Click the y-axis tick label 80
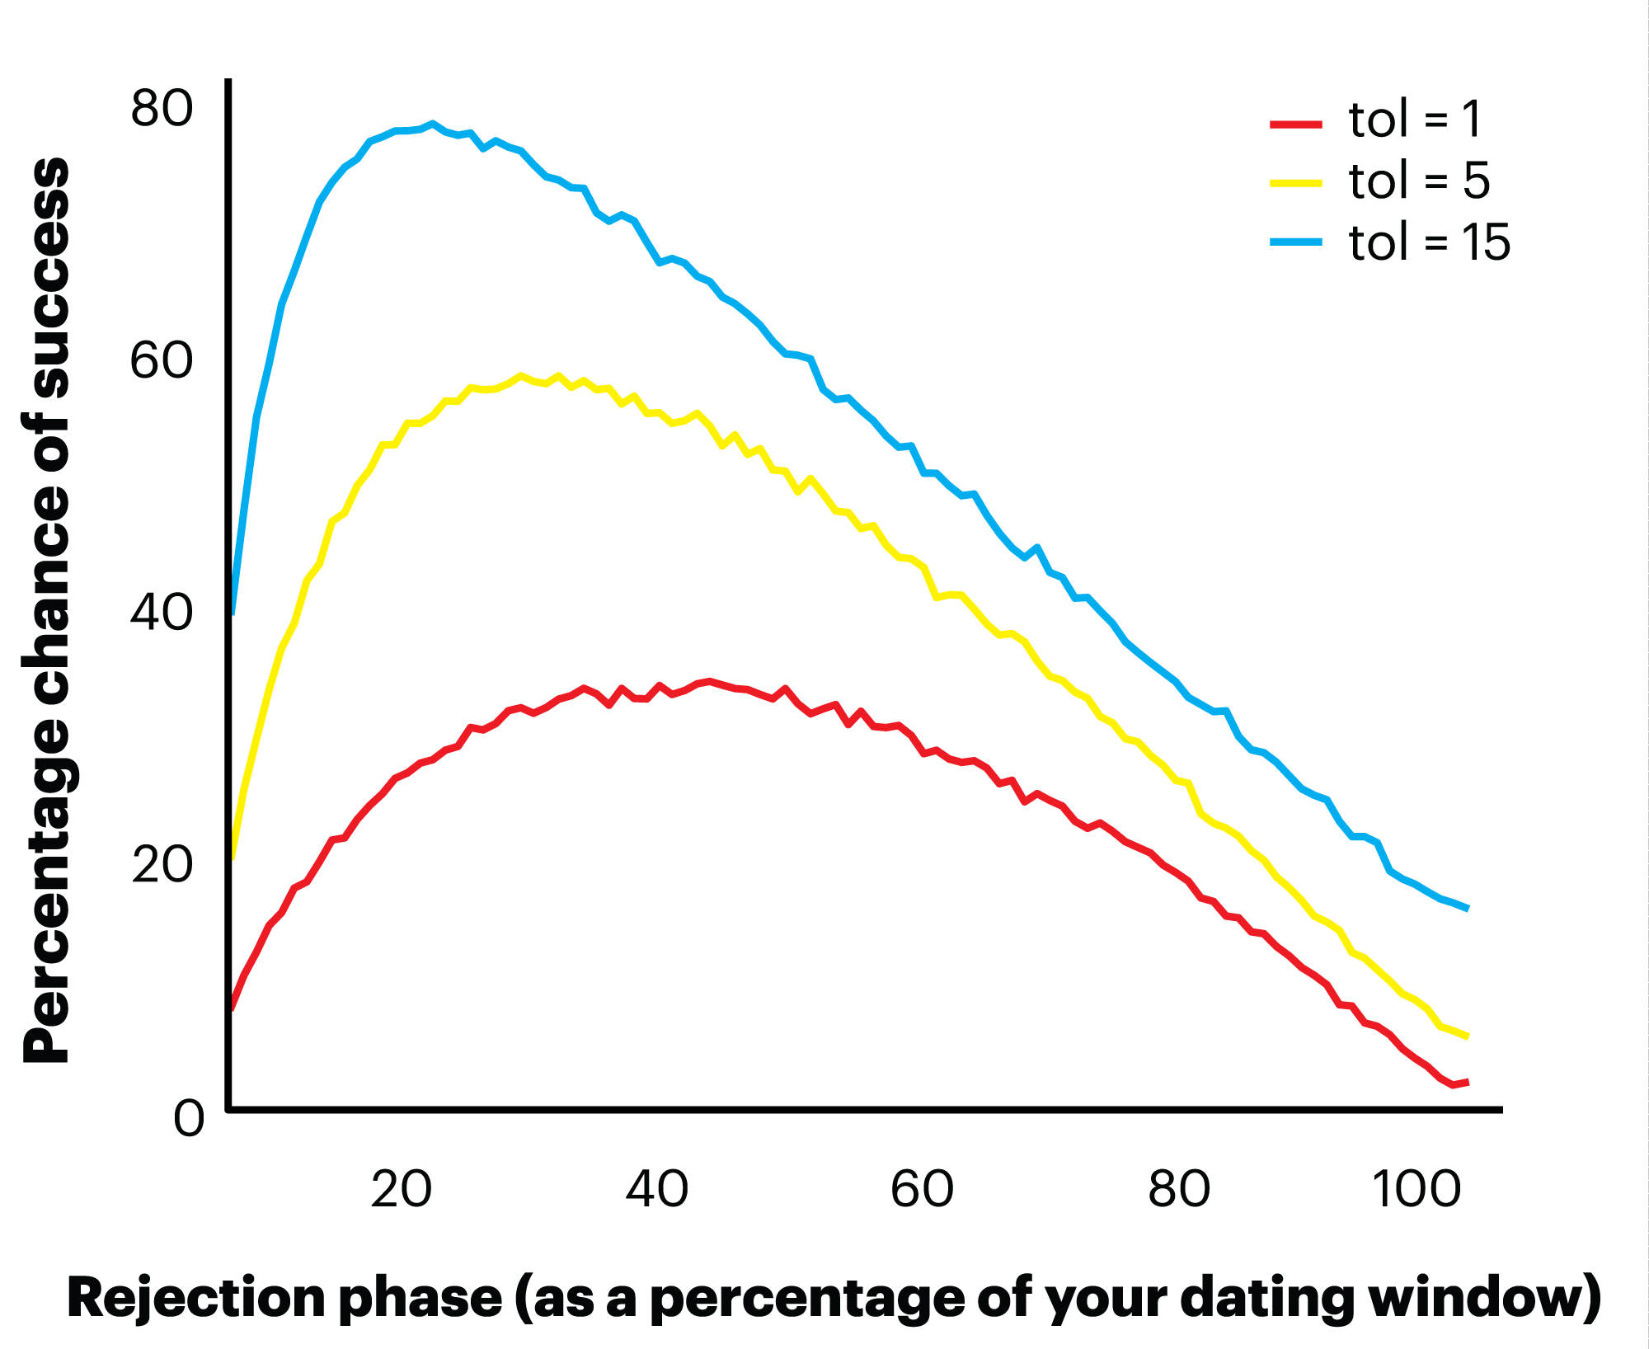162,110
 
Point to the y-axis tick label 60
162,361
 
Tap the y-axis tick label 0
189,1120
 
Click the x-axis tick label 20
402,1190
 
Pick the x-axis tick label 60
922,1190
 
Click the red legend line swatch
1295,125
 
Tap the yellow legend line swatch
1295,183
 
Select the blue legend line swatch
1295,242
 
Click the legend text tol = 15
1430,242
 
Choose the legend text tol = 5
1420,182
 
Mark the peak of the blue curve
432,125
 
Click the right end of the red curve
1468,1082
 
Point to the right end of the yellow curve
1468,1036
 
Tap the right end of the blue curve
1468,909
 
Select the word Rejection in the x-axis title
201,1298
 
